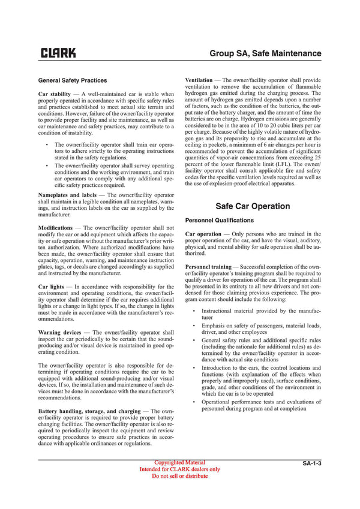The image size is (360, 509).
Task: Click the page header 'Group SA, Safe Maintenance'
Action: coord(265,53)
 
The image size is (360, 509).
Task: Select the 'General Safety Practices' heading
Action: coord(73,80)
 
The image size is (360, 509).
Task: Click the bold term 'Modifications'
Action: coord(55,228)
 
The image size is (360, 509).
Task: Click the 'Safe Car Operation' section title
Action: coord(253,206)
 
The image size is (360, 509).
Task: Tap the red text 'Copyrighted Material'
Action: coord(180,462)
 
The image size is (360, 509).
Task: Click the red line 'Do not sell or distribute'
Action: coord(180,476)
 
